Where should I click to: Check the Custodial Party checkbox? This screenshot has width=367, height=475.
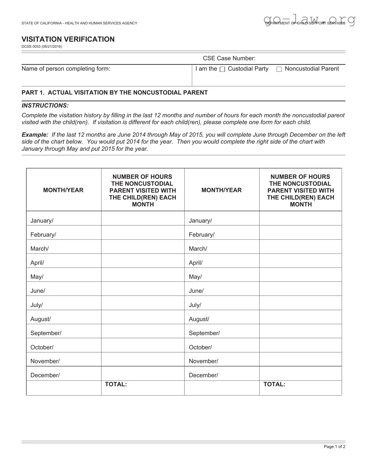tap(222, 69)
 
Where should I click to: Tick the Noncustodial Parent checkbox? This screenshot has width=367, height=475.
tap(279, 69)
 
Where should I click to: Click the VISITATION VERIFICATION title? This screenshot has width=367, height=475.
tap(68, 39)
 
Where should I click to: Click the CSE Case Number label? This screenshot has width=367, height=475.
tap(229, 58)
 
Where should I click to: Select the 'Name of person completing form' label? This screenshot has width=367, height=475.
tap(66, 69)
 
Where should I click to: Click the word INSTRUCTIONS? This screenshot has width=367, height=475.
tap(45, 105)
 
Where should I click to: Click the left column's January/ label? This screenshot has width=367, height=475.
tap(42, 221)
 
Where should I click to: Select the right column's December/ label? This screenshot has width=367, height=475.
tap(203, 375)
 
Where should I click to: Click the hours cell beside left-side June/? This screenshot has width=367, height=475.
tap(143, 289)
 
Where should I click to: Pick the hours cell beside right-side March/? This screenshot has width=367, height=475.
tap(300, 247)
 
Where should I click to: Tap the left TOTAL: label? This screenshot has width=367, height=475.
tap(116, 384)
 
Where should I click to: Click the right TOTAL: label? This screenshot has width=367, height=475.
tap(274, 384)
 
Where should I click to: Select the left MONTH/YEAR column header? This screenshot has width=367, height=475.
tap(63, 190)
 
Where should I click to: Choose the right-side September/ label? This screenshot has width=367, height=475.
tap(204, 333)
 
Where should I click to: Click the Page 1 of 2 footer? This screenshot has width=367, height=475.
tap(334, 447)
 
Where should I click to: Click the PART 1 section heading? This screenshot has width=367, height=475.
tap(114, 93)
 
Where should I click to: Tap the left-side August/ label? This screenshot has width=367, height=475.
tap(40, 319)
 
